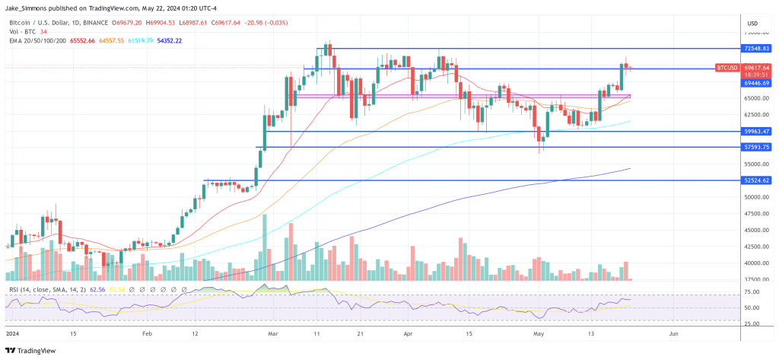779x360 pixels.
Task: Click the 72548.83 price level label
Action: (x=757, y=48)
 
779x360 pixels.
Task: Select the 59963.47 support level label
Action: (x=757, y=132)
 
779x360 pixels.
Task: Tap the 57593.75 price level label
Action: (x=757, y=147)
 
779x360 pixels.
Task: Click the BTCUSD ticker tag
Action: (x=727, y=68)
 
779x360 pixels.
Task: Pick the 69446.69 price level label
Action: (x=757, y=82)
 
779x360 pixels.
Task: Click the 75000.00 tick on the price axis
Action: (x=756, y=33)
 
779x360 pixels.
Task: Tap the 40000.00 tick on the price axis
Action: (x=756, y=263)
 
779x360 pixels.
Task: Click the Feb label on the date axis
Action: (x=148, y=333)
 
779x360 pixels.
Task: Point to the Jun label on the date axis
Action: (x=672, y=333)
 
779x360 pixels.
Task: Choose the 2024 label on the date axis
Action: (x=13, y=333)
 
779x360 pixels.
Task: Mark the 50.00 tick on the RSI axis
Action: (x=753, y=307)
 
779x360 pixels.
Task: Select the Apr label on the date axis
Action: (x=408, y=333)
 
